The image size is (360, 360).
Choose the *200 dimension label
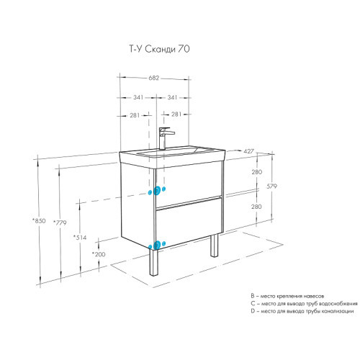click(99, 253)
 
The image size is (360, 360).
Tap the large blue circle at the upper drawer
click(152, 192)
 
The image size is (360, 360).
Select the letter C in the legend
click(253, 303)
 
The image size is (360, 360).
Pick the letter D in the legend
click(253, 311)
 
